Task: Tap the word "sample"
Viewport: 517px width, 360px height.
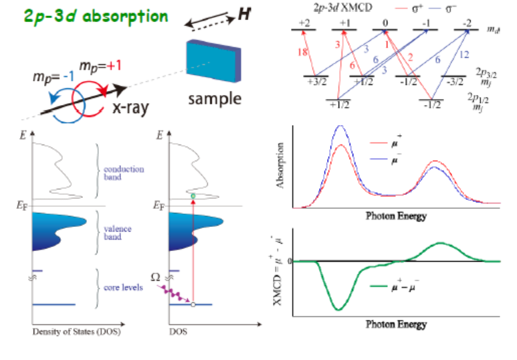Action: pos(213,100)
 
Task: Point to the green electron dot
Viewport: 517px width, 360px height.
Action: pos(193,196)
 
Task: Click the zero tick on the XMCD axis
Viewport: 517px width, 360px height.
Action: pos(290,260)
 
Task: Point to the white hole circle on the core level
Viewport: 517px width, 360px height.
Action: pos(193,305)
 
